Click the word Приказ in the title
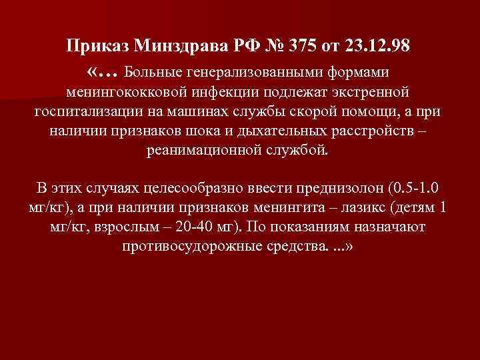(x=100, y=47)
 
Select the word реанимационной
(x=201, y=150)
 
